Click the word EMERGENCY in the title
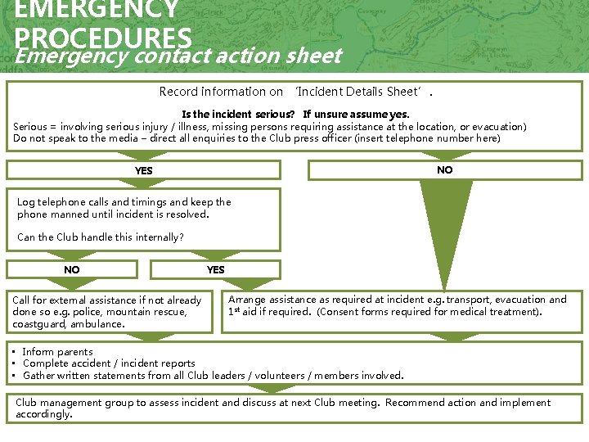[x=97, y=10]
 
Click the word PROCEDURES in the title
[x=103, y=38]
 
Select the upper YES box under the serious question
[x=144, y=170]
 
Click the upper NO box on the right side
[x=445, y=169]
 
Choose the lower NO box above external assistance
[x=72, y=269]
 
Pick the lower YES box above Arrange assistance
[x=216, y=269]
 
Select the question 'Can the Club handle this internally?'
[x=101, y=237]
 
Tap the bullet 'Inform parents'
[x=57, y=352]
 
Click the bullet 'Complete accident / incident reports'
[x=109, y=363]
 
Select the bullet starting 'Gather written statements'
[x=213, y=376]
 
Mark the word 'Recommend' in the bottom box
[x=416, y=403]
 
